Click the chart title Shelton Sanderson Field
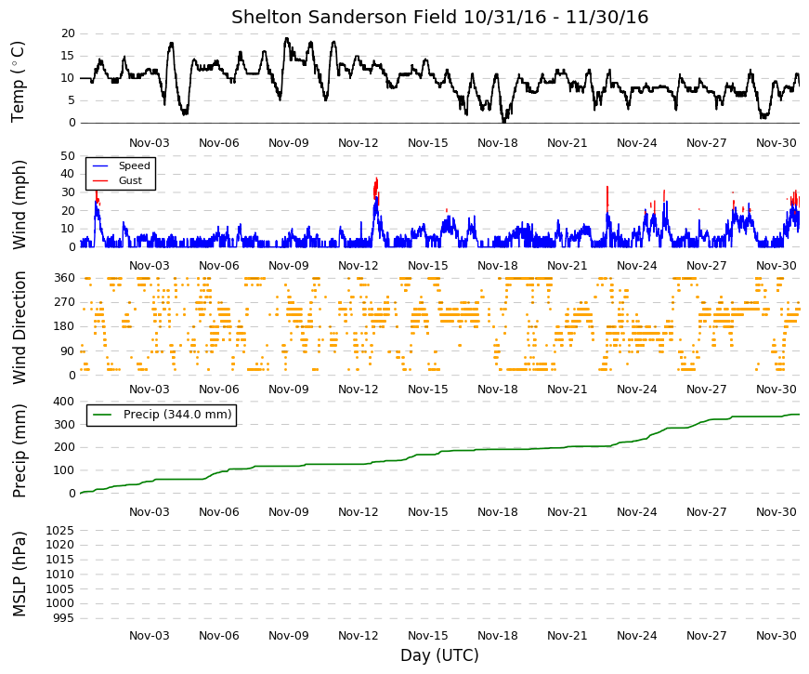tap(346, 17)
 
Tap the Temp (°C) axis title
tap(18, 82)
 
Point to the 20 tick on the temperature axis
tap(68, 33)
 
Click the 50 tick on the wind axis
tap(68, 156)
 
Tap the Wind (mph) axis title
tap(19, 205)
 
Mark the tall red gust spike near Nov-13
tap(376, 188)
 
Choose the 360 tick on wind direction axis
tap(65, 278)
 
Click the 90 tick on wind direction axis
tap(68, 351)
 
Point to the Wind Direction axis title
tap(19, 327)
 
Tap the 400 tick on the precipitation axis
tap(65, 402)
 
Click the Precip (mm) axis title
tap(19, 450)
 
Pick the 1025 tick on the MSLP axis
tap(59, 531)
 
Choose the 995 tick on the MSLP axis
tap(63, 618)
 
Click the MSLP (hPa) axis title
tap(19, 574)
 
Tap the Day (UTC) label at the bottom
tap(439, 655)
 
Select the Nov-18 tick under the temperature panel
tap(497, 143)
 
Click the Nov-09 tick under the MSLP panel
tap(289, 636)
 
